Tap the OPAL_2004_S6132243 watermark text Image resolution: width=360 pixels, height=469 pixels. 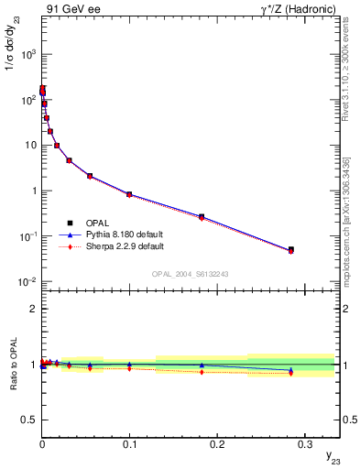(x=191, y=274)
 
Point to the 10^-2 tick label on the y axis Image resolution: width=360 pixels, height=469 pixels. (x=26, y=281)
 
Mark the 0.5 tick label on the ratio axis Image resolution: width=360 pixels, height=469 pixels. (x=29, y=419)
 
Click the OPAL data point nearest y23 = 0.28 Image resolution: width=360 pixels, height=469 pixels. (x=290, y=249)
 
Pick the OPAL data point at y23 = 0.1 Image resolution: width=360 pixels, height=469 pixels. (x=129, y=194)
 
